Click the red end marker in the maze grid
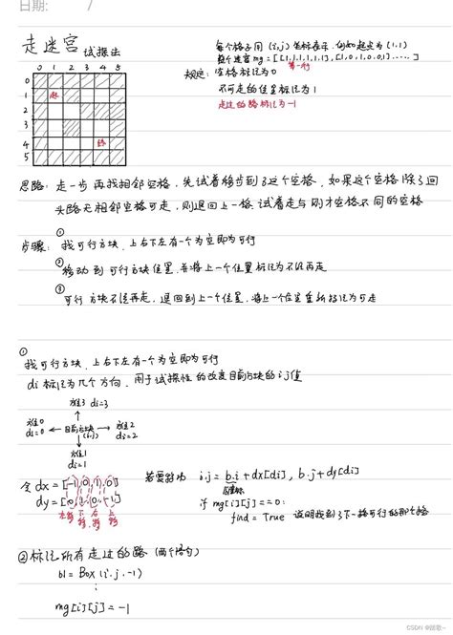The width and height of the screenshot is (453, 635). (101, 140)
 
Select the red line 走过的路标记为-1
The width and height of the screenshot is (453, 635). (273, 105)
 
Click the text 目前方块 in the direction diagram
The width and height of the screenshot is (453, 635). (80, 428)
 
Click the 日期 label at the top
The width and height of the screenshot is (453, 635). (32, 6)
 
